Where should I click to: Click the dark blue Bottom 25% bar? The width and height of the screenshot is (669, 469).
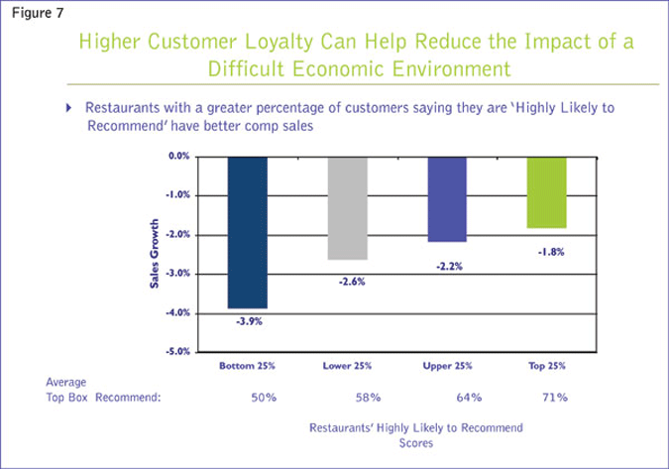246,232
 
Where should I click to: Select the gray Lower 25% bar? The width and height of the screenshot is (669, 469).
347,207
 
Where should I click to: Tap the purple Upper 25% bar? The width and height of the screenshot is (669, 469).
446,199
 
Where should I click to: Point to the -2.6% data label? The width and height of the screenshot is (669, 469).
348,281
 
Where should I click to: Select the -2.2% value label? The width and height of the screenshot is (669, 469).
446,265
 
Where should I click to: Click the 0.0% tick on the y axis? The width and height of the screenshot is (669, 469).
178,157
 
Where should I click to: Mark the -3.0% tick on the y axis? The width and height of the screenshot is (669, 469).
177,274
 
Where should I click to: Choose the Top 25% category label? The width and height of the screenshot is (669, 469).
547,367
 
